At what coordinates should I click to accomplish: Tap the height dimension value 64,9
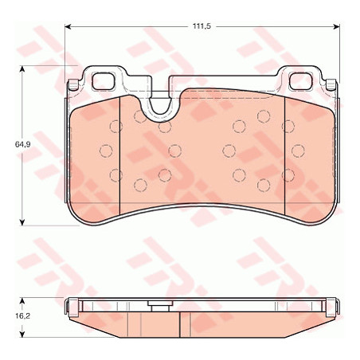[22, 145]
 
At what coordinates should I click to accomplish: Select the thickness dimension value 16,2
[22, 316]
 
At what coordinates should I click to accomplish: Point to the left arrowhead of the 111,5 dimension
[68, 26]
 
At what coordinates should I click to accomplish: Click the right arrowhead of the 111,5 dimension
[336, 26]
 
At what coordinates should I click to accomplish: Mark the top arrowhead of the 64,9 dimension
[22, 69]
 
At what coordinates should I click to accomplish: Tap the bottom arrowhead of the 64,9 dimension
[22, 222]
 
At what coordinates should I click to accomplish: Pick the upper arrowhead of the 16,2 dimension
[22, 301]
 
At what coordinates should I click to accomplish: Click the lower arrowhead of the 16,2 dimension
[22, 334]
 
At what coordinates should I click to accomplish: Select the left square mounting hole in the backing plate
[104, 80]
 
